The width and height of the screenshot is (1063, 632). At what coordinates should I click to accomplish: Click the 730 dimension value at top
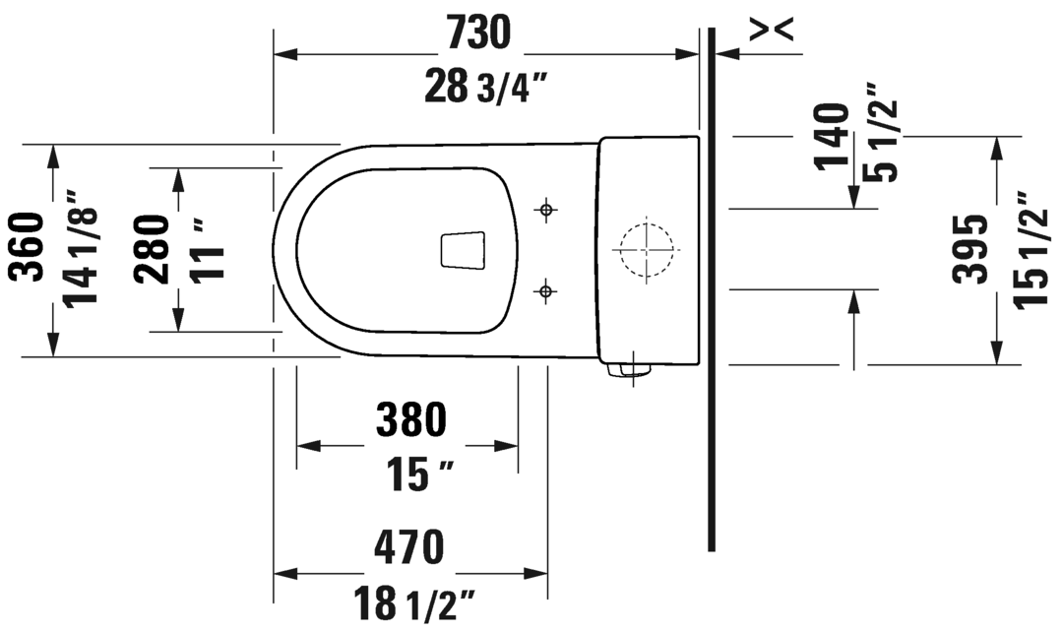click(478, 33)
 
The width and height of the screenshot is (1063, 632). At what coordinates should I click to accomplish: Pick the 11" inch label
click(207, 250)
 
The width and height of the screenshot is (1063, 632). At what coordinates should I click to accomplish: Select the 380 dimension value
click(410, 421)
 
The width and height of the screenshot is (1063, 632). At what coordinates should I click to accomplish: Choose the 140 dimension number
click(833, 137)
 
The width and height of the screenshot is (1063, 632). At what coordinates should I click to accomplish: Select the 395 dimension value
click(971, 249)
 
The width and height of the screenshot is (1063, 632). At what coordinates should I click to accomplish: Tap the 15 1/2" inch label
click(1029, 249)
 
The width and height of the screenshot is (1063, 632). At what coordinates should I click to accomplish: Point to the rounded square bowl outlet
click(463, 250)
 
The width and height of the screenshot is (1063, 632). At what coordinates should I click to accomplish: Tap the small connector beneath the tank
click(628, 370)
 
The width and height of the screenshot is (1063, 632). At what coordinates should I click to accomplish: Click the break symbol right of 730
click(770, 32)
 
